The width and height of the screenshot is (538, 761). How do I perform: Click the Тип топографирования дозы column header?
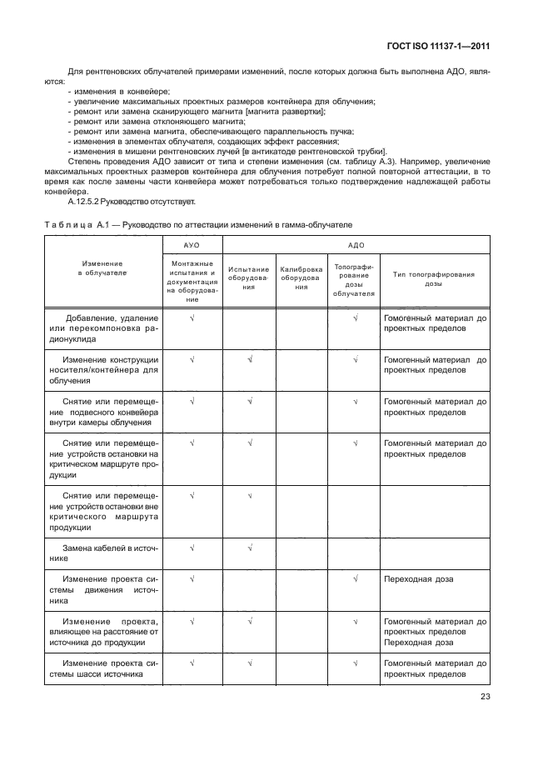click(x=434, y=278)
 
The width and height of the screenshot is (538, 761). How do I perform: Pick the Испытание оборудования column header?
click(x=248, y=278)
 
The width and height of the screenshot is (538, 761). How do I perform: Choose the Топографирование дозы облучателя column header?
click(x=354, y=281)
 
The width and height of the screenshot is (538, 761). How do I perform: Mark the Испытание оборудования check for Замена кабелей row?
click(x=248, y=548)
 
